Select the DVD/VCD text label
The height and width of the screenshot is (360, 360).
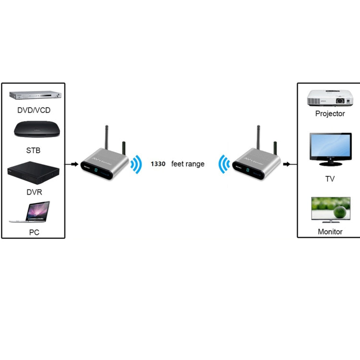click(x=34, y=110)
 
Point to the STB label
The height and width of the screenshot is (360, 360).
click(x=33, y=151)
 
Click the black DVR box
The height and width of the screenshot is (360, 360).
click(x=33, y=174)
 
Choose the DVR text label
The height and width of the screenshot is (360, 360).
click(x=34, y=192)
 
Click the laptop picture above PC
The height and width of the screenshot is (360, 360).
click(x=30, y=211)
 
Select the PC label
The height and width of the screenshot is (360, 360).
click(x=34, y=232)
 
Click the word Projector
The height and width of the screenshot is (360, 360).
click(x=330, y=114)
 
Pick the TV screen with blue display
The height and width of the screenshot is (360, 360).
click(x=330, y=149)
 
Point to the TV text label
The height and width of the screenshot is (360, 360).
click(x=330, y=179)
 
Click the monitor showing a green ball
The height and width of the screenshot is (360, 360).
click(x=330, y=210)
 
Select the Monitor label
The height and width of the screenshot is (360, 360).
click(x=330, y=231)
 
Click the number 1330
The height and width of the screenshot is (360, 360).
click(x=158, y=164)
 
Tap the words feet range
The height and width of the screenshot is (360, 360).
click(x=188, y=164)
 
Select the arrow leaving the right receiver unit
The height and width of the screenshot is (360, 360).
click(x=288, y=164)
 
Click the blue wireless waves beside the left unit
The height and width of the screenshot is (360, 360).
click(x=137, y=164)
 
